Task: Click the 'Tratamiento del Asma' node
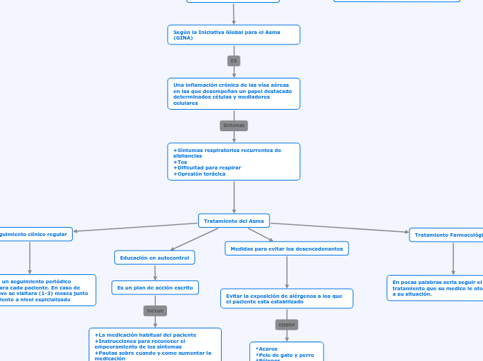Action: pos(234,221)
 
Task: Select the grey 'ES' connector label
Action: pos(234,61)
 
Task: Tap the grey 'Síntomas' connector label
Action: pos(234,126)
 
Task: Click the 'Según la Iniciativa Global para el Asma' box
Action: pos(234,35)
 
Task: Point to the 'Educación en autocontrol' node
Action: pos(155,258)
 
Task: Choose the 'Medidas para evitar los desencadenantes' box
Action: pos(286,248)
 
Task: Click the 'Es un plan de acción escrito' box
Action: pos(155,287)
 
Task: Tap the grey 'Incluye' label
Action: pos(155,310)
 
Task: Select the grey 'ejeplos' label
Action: pos(286,324)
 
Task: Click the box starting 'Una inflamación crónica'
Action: pos(234,94)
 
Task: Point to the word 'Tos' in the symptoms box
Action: pos(182,162)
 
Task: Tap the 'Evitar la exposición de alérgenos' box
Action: pos(286,299)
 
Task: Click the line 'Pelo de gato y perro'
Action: pos(286,355)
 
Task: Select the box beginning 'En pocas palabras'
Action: pos(435,288)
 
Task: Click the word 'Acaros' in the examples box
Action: pos(267,349)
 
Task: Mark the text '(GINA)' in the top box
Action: pos(183,37)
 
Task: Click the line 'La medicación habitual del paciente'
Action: pos(147,335)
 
